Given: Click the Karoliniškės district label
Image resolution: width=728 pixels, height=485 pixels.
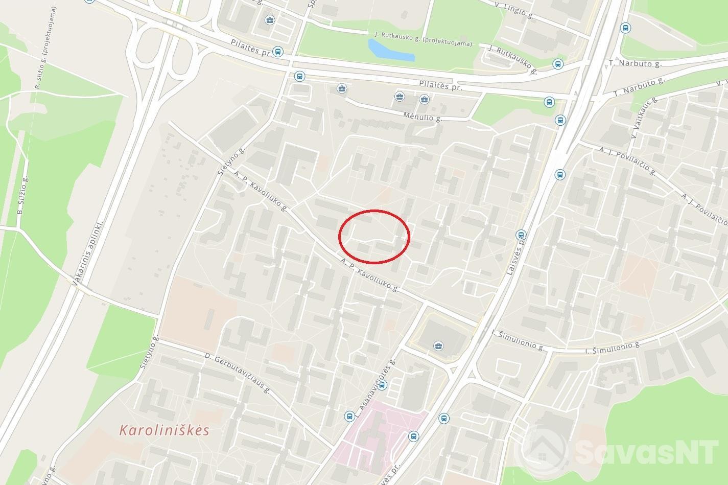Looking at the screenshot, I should coord(164,430).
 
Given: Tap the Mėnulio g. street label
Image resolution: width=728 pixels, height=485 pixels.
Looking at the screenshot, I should coord(421,117).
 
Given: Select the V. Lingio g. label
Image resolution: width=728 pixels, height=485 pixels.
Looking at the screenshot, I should coord(514,10).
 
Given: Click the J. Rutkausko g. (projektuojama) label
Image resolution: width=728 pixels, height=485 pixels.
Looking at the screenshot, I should coord(423,39).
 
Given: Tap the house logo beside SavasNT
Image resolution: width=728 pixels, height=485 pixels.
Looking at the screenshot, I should coord(547,449).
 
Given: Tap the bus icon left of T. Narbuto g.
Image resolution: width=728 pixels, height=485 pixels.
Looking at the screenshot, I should coord(558,64).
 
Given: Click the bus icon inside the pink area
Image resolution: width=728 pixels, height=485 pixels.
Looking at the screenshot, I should coord(413,436).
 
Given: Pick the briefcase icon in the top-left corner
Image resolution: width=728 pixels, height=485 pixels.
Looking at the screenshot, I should coord(269,20).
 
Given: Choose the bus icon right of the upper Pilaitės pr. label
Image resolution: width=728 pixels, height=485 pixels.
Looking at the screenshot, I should coord(277,51).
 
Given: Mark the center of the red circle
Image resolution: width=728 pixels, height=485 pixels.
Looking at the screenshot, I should coord(374,237).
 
